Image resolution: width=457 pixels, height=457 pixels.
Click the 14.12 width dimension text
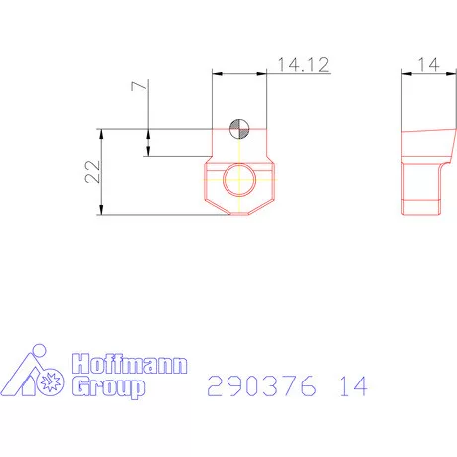coord(303,64)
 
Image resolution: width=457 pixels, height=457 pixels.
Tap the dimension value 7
coord(138,87)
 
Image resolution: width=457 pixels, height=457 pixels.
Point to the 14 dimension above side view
coord(427,64)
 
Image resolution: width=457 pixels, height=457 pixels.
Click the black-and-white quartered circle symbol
coord(238,128)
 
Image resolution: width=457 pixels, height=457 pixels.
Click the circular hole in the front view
coord(238,180)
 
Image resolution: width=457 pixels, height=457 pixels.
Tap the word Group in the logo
coord(107,387)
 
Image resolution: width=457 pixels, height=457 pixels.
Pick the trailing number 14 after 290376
coord(351,386)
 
